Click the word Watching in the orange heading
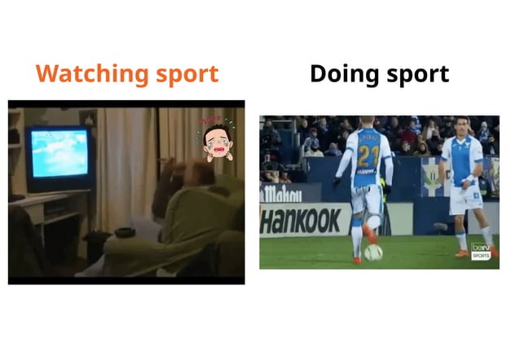(x=82, y=74)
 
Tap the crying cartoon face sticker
(x=216, y=140)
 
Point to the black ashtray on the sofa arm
(x=125, y=232)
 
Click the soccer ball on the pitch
(x=373, y=253)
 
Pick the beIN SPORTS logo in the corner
(x=482, y=252)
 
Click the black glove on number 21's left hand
(x=337, y=181)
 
